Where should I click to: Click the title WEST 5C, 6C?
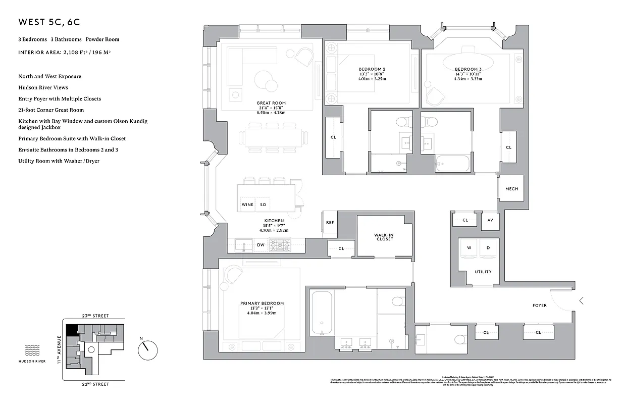(x=49, y=22)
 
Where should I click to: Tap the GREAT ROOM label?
(x=271, y=103)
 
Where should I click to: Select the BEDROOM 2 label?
(x=372, y=69)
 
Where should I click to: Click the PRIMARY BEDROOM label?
(x=262, y=304)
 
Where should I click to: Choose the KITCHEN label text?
(x=274, y=221)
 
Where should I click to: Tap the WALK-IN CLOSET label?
(x=384, y=237)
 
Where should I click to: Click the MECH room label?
(x=511, y=189)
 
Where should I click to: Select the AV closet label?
(x=490, y=220)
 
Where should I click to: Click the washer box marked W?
(x=469, y=248)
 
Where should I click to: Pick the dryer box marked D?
(x=488, y=248)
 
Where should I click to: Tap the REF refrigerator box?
(x=330, y=223)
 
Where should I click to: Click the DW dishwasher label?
(x=261, y=245)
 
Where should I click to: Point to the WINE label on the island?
(x=247, y=205)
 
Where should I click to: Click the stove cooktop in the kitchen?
(x=279, y=245)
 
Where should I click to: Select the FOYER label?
(x=539, y=306)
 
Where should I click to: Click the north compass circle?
(x=148, y=349)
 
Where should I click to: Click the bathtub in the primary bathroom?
(x=322, y=312)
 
